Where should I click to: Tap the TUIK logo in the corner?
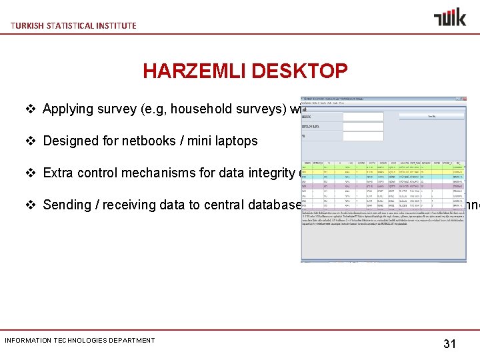450,17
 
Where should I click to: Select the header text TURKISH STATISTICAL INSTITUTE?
73,25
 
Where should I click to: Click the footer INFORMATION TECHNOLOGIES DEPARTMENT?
80,340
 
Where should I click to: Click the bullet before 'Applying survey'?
31,109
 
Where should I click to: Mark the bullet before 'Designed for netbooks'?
31,141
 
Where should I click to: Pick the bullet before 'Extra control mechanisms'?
31,173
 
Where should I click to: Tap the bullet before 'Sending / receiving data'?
31,205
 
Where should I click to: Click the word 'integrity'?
273,173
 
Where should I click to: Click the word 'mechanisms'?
165,173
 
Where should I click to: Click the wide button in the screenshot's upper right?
431,116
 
